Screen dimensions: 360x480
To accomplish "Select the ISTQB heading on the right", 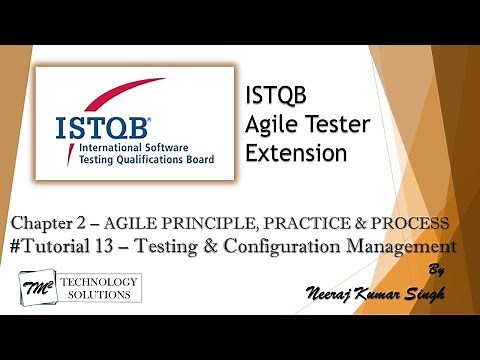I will point(277,97).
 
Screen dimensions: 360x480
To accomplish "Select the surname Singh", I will point(425,294).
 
